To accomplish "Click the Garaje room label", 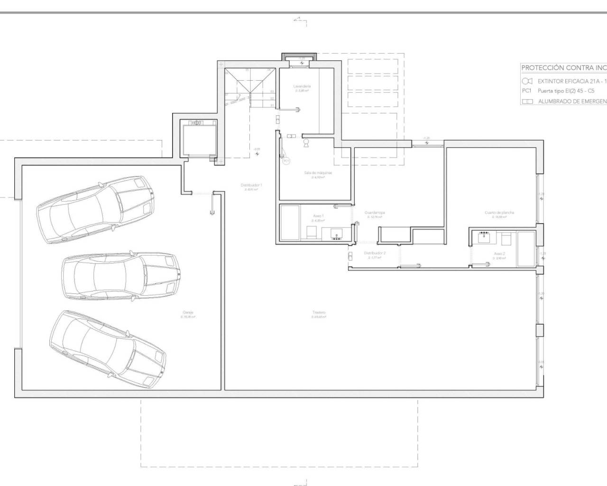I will pyautogui.click(x=188, y=312).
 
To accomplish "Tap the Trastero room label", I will pyautogui.click(x=319, y=312).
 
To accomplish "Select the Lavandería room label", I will pyautogui.click(x=302, y=86).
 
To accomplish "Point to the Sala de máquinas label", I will pyautogui.click(x=318, y=173).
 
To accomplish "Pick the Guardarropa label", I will pyautogui.click(x=375, y=213).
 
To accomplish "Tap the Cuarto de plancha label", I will pyautogui.click(x=499, y=213).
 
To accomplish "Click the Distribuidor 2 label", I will pyautogui.click(x=375, y=253).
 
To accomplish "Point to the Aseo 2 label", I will pyautogui.click(x=499, y=254).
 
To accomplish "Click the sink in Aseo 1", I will pyautogui.click(x=337, y=234).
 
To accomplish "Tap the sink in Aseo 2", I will pyautogui.click(x=484, y=237).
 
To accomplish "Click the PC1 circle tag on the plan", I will pyautogui.click(x=286, y=161).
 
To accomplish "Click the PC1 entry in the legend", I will pyautogui.click(x=526, y=91).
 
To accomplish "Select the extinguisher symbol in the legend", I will pyautogui.click(x=527, y=81).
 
